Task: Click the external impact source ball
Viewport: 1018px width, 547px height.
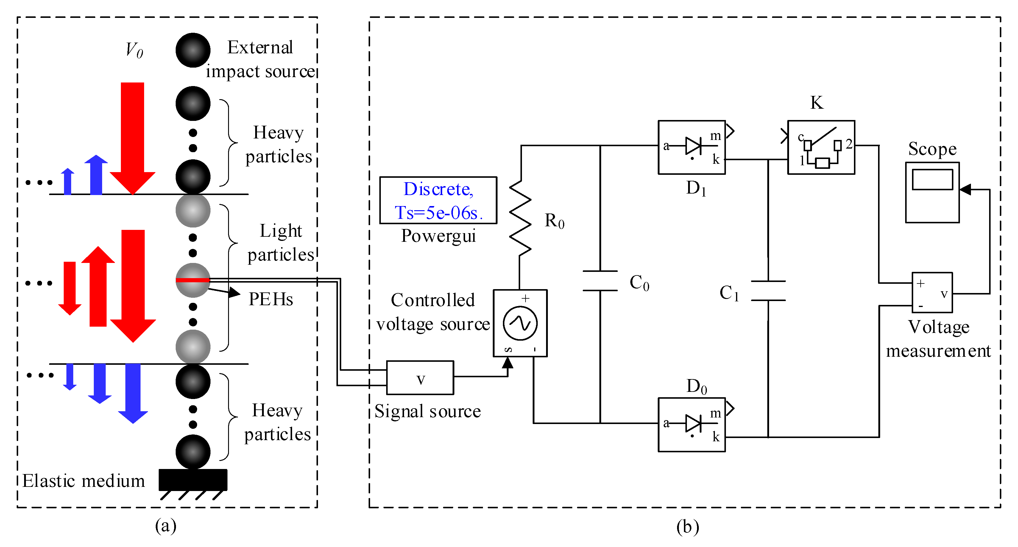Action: [x=193, y=50]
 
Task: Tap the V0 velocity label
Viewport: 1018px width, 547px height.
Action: [x=134, y=50]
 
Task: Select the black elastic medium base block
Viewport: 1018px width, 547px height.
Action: [x=193, y=479]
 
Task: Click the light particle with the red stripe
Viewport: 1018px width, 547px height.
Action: [x=193, y=280]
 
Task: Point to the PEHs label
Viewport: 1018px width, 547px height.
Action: [x=271, y=299]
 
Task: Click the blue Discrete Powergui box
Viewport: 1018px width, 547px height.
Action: [x=438, y=200]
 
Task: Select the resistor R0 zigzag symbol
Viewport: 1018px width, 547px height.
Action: [x=520, y=218]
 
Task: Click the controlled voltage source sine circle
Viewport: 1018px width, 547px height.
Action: [x=520, y=323]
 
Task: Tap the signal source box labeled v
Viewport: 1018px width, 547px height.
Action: [x=420, y=378]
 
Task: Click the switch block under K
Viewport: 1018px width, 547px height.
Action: [x=821, y=147]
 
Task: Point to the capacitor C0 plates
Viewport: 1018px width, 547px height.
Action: [x=600, y=280]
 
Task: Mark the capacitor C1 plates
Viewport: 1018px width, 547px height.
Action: [x=768, y=291]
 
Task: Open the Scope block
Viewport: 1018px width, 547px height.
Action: [x=932, y=192]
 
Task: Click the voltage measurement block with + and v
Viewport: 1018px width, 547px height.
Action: [x=932, y=292]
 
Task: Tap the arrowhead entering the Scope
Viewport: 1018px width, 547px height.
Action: [x=965, y=190]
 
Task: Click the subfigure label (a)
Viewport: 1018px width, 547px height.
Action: [x=166, y=526]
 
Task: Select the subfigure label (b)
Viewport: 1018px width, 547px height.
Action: [x=687, y=526]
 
